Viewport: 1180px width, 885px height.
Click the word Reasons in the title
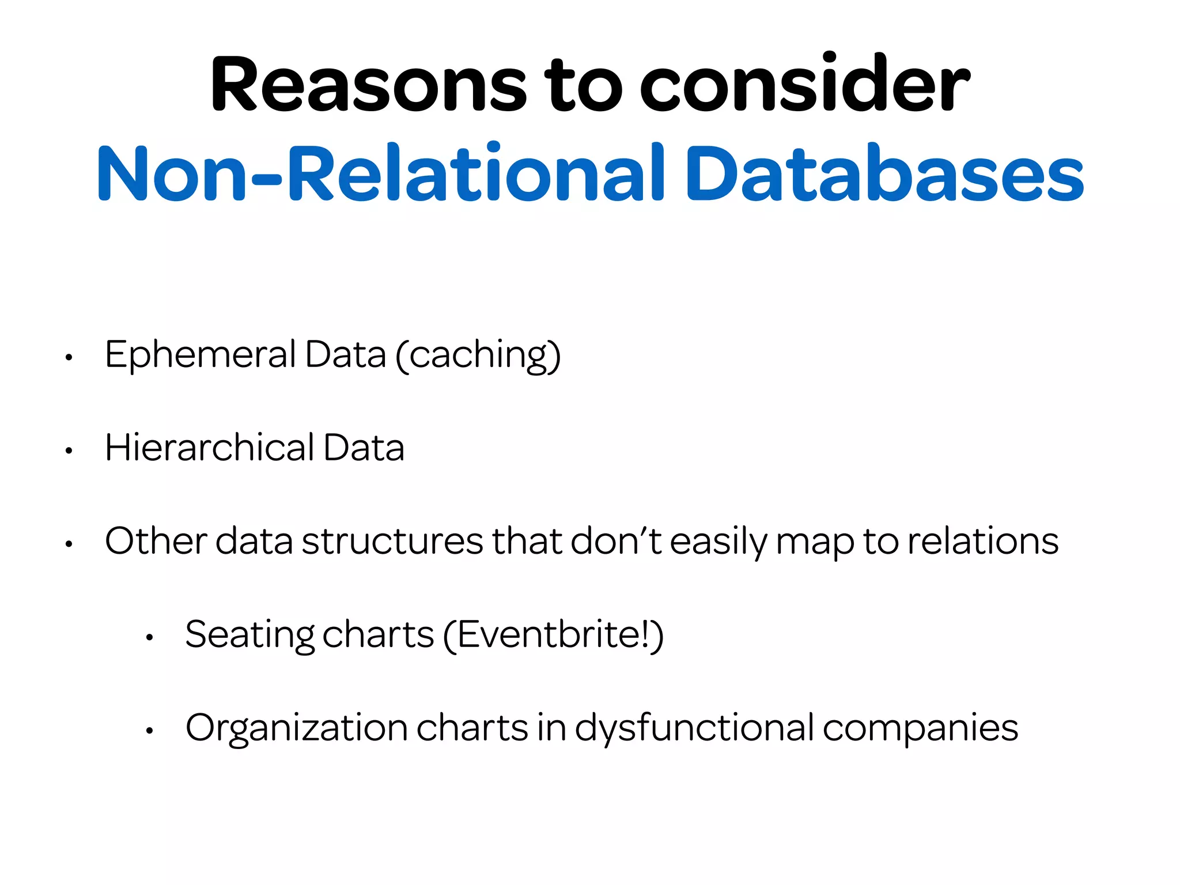pyautogui.click(x=369, y=85)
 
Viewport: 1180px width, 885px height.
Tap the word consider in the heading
pyautogui.click(x=805, y=85)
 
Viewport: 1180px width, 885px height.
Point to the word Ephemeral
pyautogui.click(x=201, y=355)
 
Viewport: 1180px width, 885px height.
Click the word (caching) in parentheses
pyautogui.click(x=478, y=356)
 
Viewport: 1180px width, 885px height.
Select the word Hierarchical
pyautogui.click(x=210, y=448)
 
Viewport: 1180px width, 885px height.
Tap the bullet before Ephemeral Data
pyautogui.click(x=69, y=358)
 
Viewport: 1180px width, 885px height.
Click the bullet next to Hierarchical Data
pyautogui.click(x=69, y=451)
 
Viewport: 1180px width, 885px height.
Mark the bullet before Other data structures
pyautogui.click(x=69, y=544)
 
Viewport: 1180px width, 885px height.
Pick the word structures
pyautogui.click(x=392, y=542)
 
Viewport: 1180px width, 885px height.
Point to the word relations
pyautogui.click(x=983, y=542)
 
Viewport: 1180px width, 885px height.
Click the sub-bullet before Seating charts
pyautogui.click(x=149, y=638)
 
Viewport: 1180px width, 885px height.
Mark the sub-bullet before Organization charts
pyautogui.click(x=149, y=731)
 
